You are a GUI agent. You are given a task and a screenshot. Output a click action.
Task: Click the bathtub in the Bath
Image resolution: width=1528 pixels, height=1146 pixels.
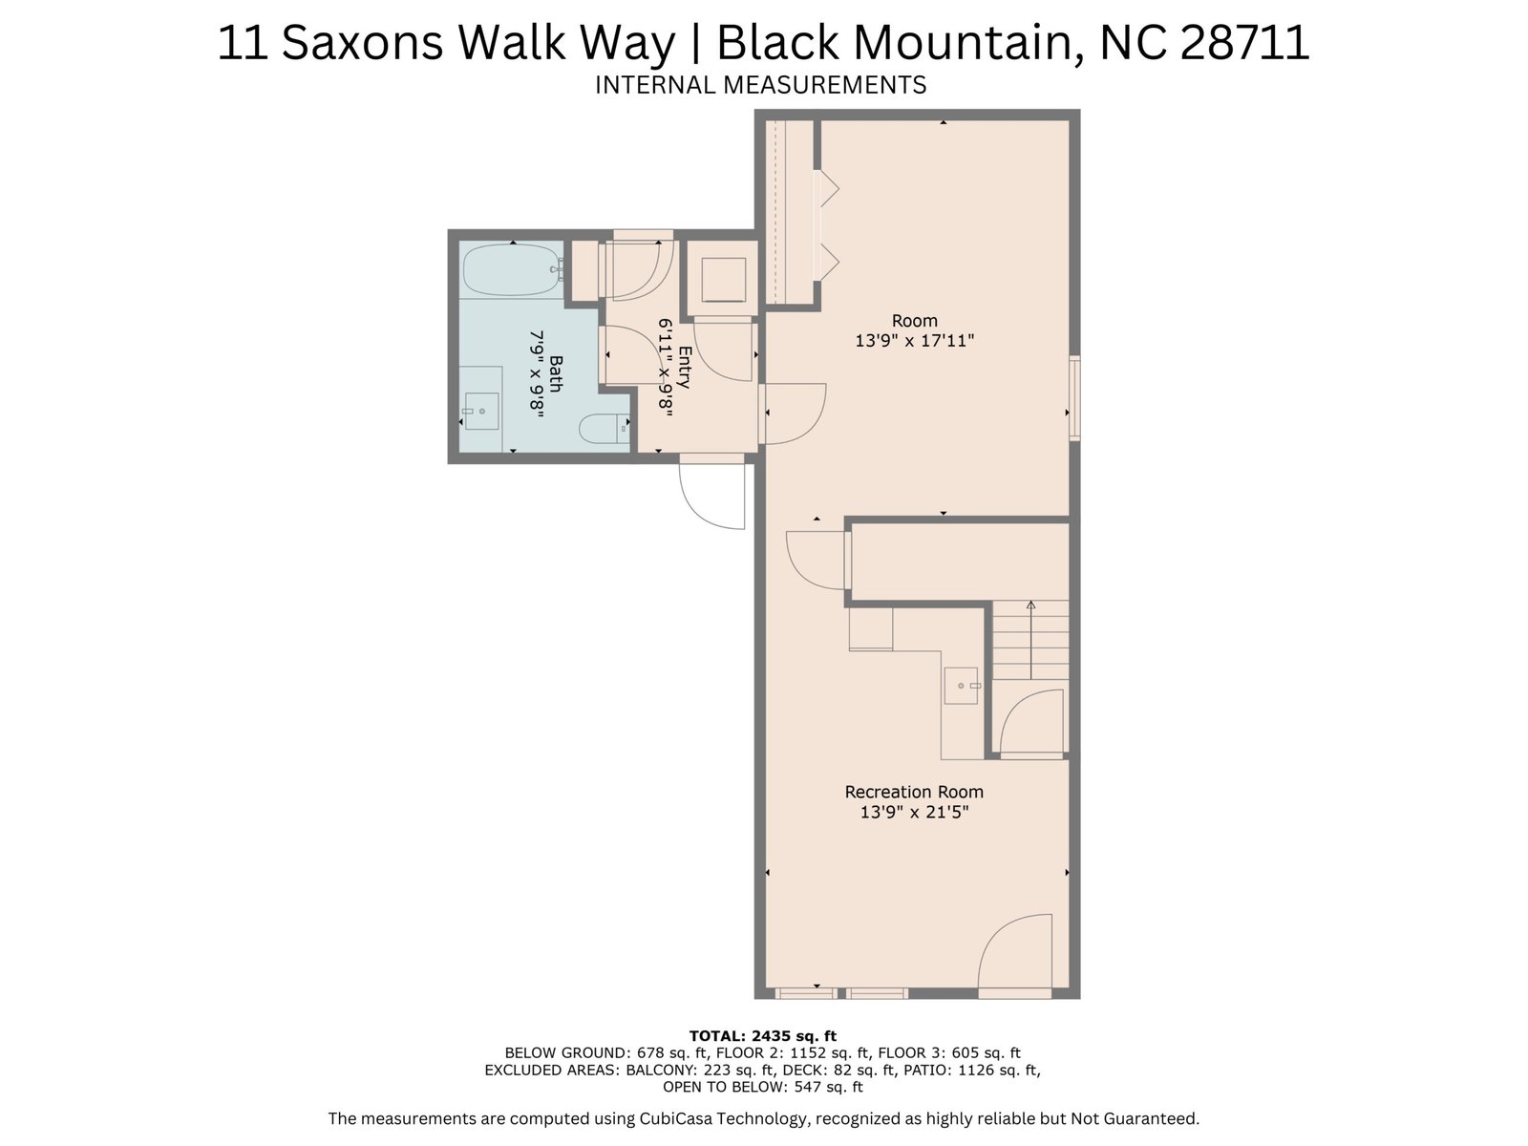tap(513, 269)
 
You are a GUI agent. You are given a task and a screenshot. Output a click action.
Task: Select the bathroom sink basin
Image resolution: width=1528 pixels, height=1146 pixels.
tap(481, 412)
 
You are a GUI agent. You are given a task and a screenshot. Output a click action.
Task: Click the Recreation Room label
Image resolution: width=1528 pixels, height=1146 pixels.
tap(913, 792)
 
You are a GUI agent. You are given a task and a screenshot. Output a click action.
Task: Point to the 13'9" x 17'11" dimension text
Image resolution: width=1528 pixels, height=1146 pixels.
tap(914, 341)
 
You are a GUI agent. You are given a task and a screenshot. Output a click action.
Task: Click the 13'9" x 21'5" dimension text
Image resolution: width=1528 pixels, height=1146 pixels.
tap(914, 812)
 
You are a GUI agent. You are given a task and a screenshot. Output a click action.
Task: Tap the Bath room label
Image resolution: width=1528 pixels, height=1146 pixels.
tap(556, 373)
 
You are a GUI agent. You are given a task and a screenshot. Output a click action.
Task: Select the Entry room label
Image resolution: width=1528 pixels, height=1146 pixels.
tap(684, 367)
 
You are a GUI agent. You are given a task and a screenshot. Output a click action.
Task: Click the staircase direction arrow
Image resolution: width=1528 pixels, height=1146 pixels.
tap(1031, 640)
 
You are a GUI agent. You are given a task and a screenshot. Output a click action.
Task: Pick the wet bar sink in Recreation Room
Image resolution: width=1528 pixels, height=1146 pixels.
tap(962, 686)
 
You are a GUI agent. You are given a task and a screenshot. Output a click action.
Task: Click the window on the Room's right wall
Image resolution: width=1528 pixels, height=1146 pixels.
tap(1074, 398)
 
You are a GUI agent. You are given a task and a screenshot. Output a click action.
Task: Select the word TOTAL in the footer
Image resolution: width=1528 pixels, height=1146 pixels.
tap(715, 1036)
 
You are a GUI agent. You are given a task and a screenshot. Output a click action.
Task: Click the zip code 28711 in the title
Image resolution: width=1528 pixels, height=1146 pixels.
tap(1244, 42)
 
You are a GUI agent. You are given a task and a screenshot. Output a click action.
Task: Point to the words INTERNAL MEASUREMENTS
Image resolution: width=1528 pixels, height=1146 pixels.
tap(760, 85)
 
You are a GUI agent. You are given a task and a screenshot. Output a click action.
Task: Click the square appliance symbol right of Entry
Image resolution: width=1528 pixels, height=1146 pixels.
tap(723, 280)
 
